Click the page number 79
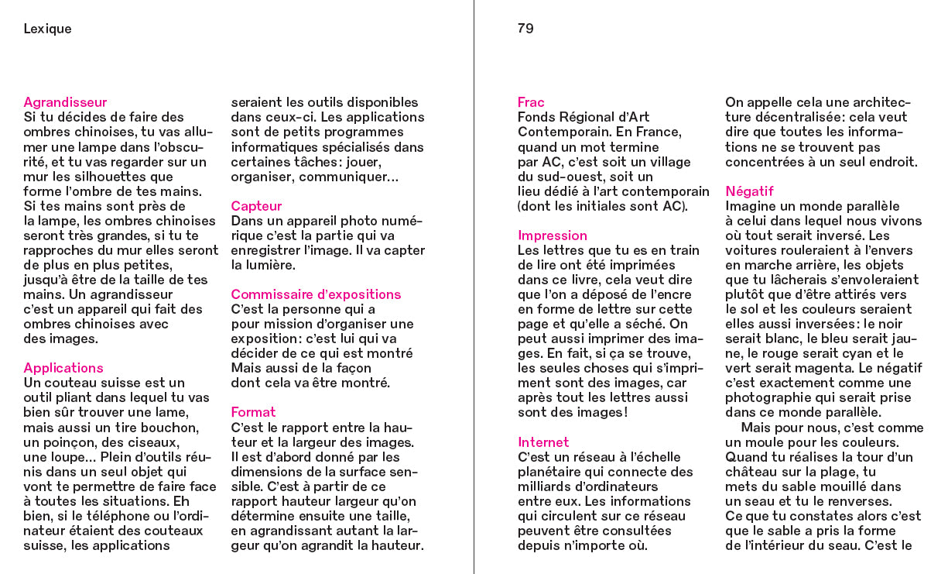coord(525,29)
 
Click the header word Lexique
coord(47,29)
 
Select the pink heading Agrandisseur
coord(65,102)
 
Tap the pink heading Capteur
coord(256,206)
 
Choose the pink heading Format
coord(253,412)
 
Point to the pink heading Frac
coord(531,102)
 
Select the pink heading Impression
coord(553,235)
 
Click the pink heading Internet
coord(543,442)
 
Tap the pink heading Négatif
coord(749,191)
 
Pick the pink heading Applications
coord(63,368)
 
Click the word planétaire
coord(553,472)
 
